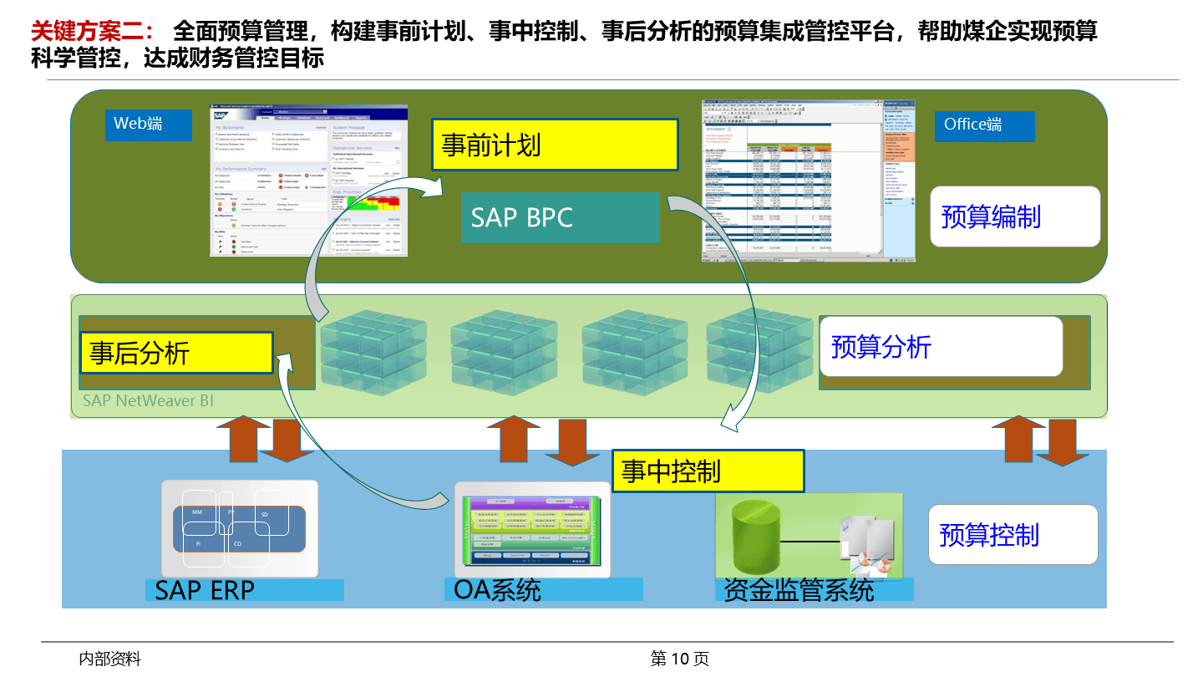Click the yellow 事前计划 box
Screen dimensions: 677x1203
pyautogui.click(x=554, y=145)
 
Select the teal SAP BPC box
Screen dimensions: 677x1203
pyautogui.click(x=560, y=217)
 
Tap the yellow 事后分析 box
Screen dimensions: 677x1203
pyautogui.click(x=177, y=353)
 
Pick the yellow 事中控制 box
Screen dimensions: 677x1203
pyautogui.click(x=708, y=471)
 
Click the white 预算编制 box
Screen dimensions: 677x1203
pyautogui.click(x=1015, y=216)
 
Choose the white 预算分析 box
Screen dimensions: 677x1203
pyautogui.click(x=940, y=346)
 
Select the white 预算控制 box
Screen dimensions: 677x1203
pyautogui.click(x=1013, y=535)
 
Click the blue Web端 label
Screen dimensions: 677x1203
pyautogui.click(x=148, y=125)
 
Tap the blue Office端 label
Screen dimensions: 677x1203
pyautogui.click(x=984, y=125)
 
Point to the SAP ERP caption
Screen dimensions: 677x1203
pyautogui.click(x=206, y=590)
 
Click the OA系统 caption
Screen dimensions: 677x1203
pyautogui.click(x=498, y=590)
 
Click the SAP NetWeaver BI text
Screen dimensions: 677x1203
pyautogui.click(x=148, y=401)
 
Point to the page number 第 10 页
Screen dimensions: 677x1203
pyautogui.click(x=679, y=659)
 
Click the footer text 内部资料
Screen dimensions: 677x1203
pyautogui.click(x=109, y=659)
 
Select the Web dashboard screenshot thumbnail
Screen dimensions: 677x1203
pyautogui.click(x=309, y=181)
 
